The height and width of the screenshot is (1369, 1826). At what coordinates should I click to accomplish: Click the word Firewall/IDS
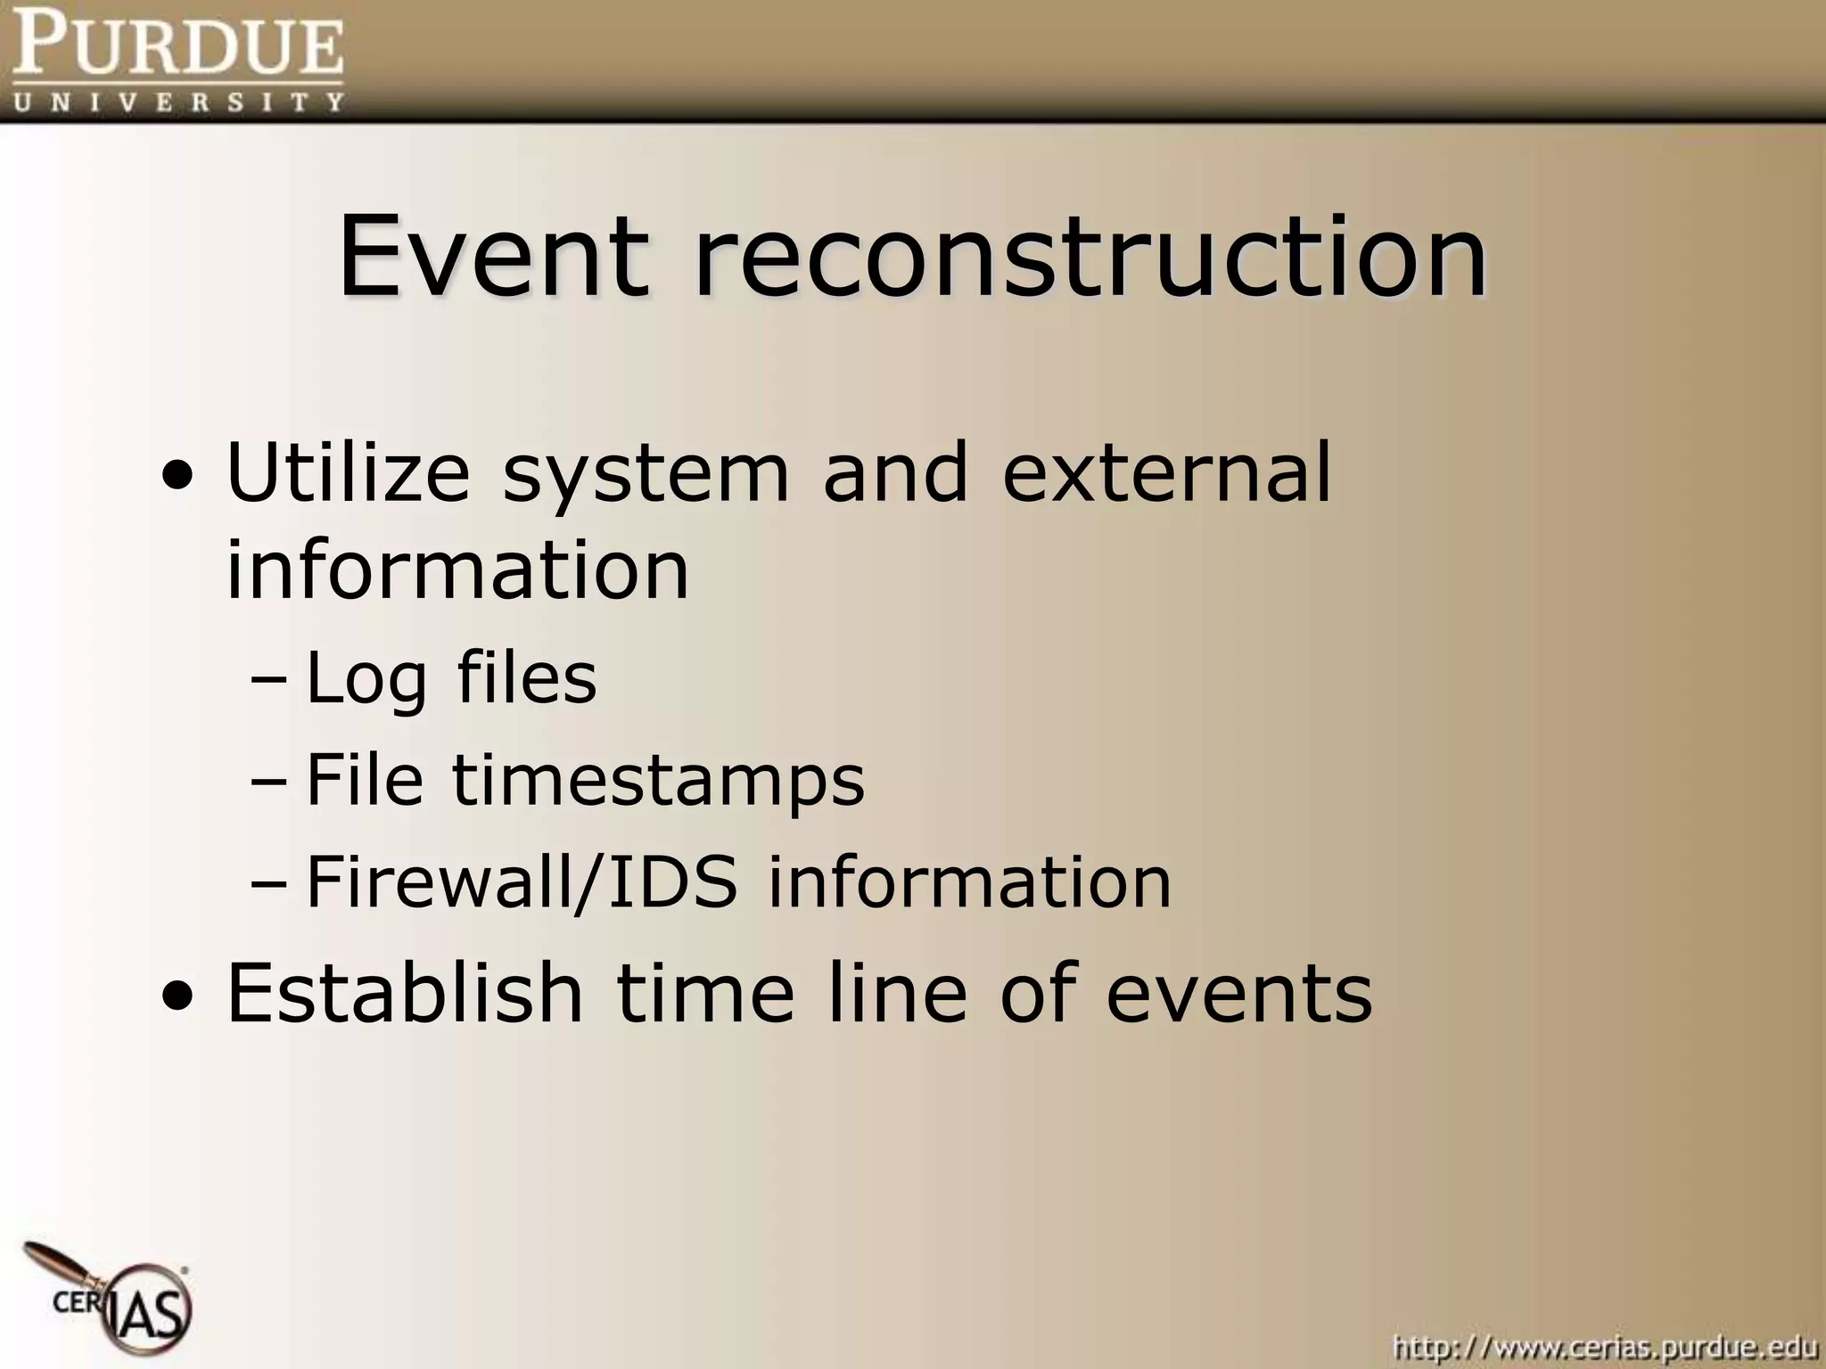522,882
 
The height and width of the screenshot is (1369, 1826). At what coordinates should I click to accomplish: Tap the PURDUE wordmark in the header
177,45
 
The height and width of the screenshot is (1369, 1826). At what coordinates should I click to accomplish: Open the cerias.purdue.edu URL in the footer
1604,1346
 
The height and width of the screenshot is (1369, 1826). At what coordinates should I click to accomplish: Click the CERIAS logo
120,1302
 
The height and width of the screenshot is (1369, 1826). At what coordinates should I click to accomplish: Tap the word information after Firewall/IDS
969,882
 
